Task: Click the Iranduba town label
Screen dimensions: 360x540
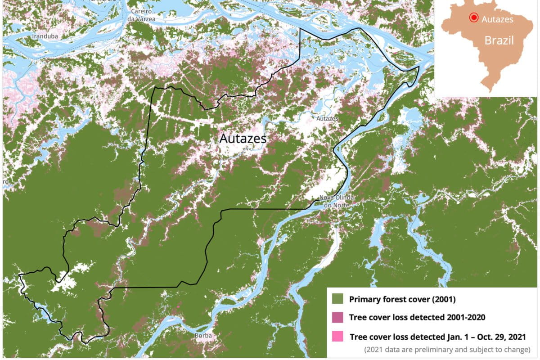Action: [x=44, y=36]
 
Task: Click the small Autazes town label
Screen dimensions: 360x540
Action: [x=327, y=118]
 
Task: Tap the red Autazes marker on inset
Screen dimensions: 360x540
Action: [x=473, y=18]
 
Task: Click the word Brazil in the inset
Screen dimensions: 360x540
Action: [x=499, y=40]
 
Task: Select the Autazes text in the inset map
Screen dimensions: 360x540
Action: [x=497, y=19]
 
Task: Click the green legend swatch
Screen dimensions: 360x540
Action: [x=337, y=299]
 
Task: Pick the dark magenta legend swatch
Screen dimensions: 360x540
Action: [x=337, y=317]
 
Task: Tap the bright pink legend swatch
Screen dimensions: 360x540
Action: [x=337, y=336]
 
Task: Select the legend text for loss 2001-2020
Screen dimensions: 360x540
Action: [x=417, y=317]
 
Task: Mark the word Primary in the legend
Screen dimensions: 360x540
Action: [x=364, y=299]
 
